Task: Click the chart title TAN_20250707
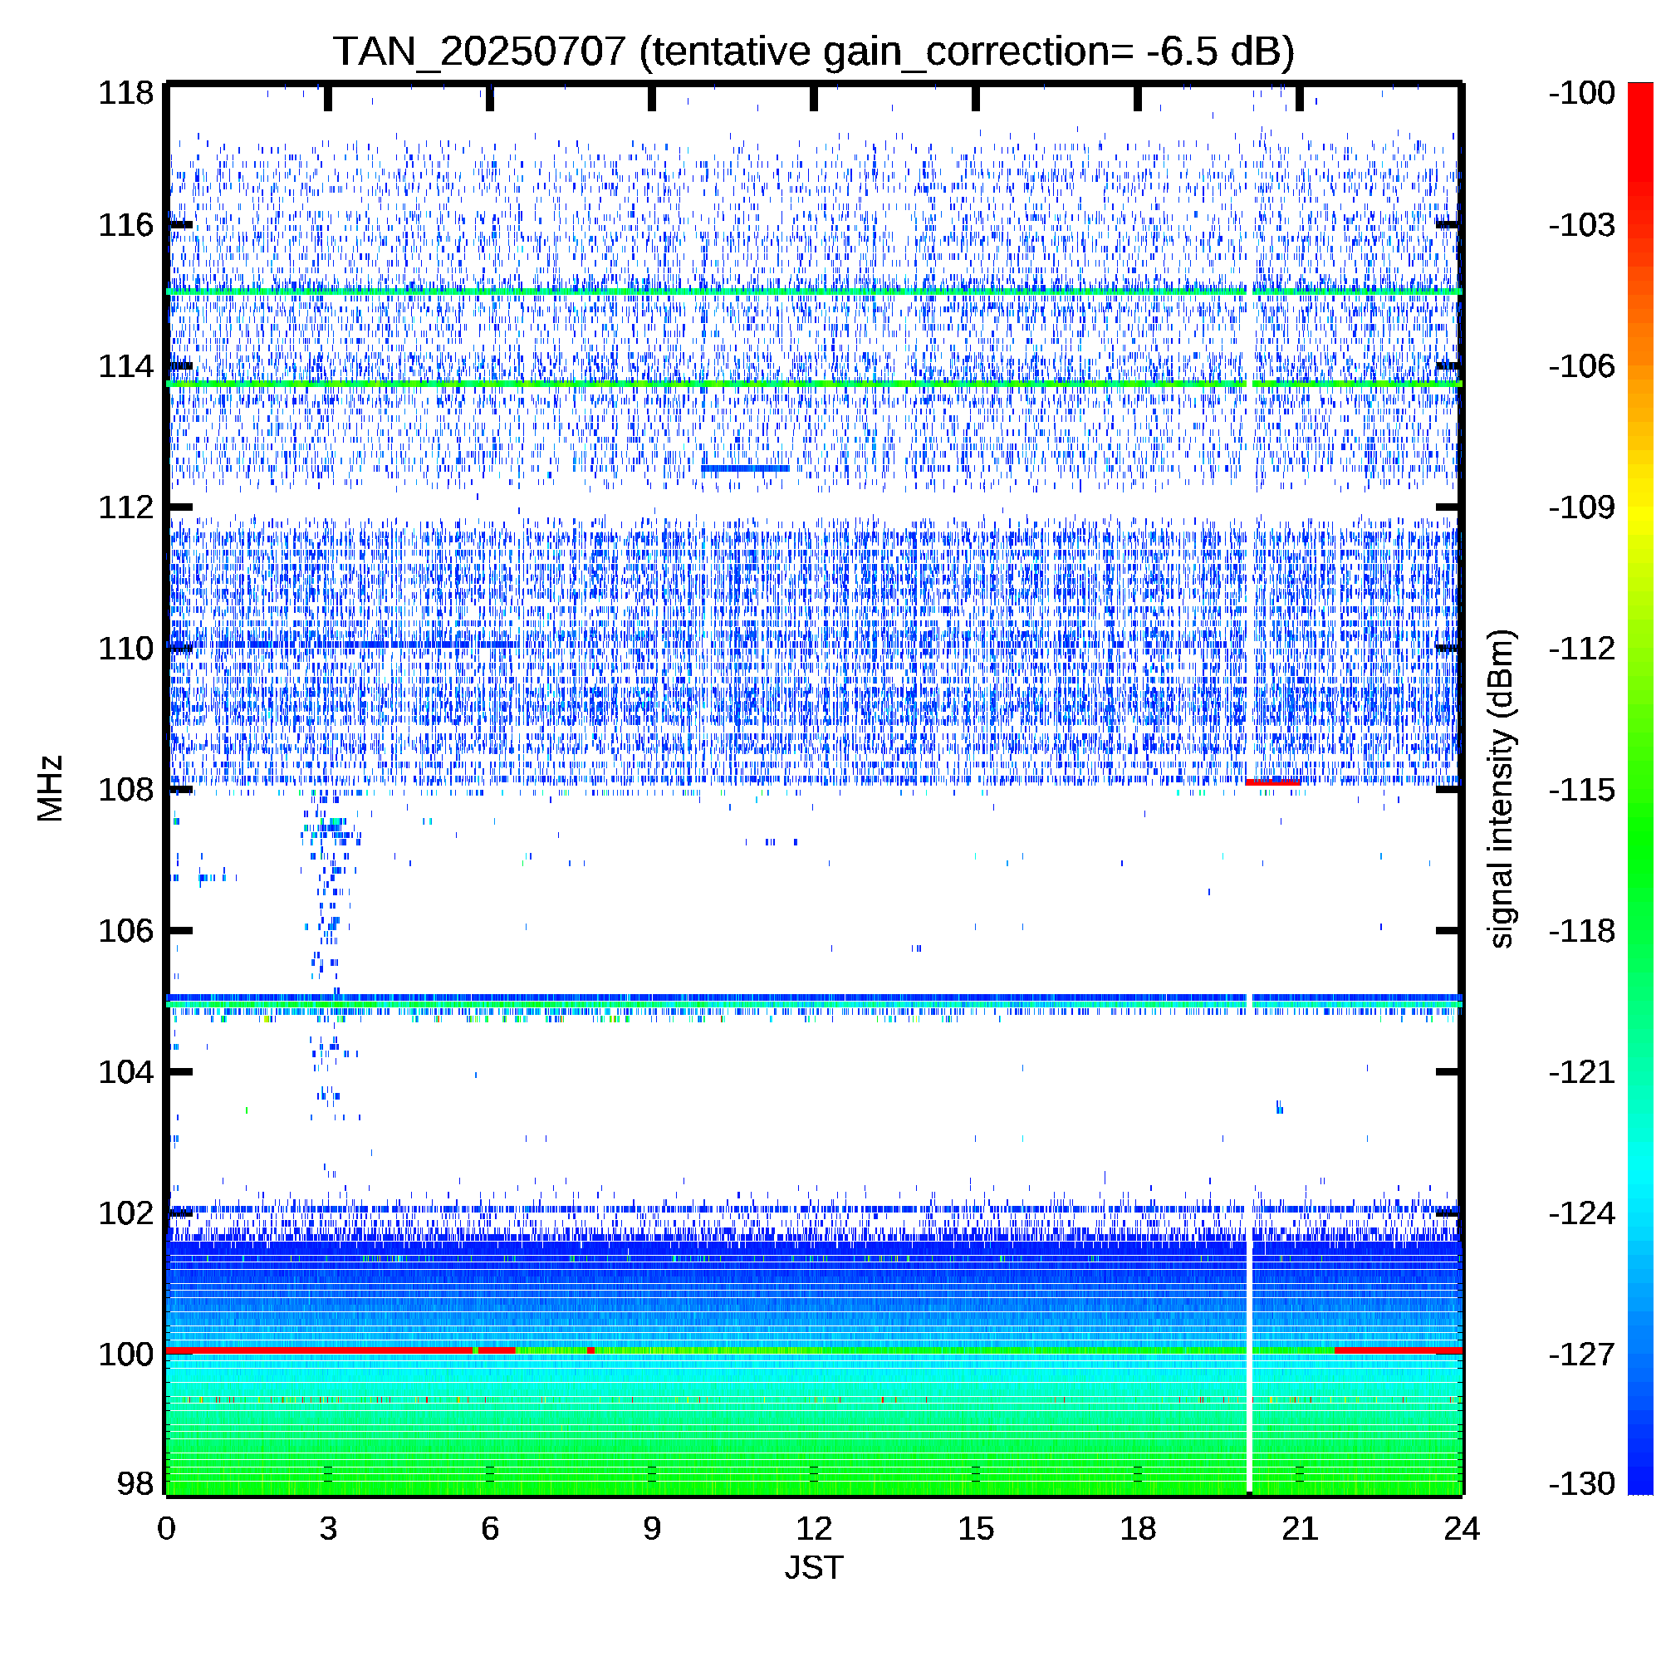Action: click(x=479, y=51)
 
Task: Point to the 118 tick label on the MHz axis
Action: click(x=125, y=93)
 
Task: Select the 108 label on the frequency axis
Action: click(x=125, y=789)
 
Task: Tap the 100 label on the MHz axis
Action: click(x=125, y=1354)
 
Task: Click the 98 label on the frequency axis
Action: click(x=135, y=1483)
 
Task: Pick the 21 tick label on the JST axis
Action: click(x=1299, y=1529)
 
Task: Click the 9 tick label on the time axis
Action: click(x=652, y=1529)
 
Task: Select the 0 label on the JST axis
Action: click(x=166, y=1529)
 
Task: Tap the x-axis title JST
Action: click(x=814, y=1567)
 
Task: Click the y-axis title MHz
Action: click(x=51, y=788)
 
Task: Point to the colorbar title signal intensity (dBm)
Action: click(x=1501, y=789)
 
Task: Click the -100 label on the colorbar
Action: click(x=1582, y=93)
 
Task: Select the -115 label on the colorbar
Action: click(x=1582, y=789)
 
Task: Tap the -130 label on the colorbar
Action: click(x=1582, y=1483)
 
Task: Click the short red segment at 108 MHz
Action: click(x=1272, y=782)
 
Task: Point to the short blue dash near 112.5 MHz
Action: click(x=744, y=468)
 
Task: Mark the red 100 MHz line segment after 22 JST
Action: click(x=1398, y=1350)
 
